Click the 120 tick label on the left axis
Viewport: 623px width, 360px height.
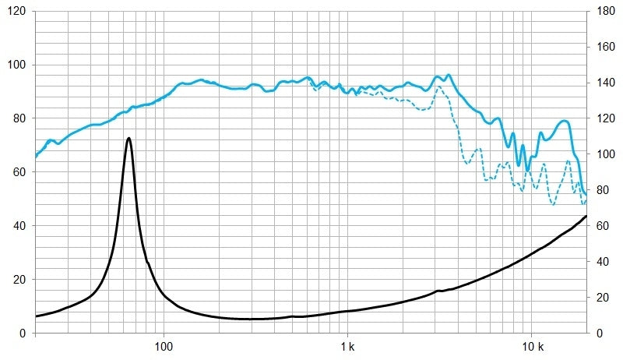click(x=16, y=12)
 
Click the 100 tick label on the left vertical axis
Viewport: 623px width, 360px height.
click(x=16, y=65)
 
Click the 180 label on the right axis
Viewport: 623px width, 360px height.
click(x=605, y=12)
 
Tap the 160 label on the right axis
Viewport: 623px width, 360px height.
click(x=605, y=48)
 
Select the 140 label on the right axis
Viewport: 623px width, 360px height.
click(x=605, y=83)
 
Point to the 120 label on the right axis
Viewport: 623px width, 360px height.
click(x=605, y=119)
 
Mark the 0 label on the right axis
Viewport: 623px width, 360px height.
click(x=599, y=334)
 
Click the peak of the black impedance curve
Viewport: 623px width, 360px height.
click(x=128, y=138)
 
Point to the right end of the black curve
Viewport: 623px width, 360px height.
click(x=586, y=216)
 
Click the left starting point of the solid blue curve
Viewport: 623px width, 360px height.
click(x=36, y=157)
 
